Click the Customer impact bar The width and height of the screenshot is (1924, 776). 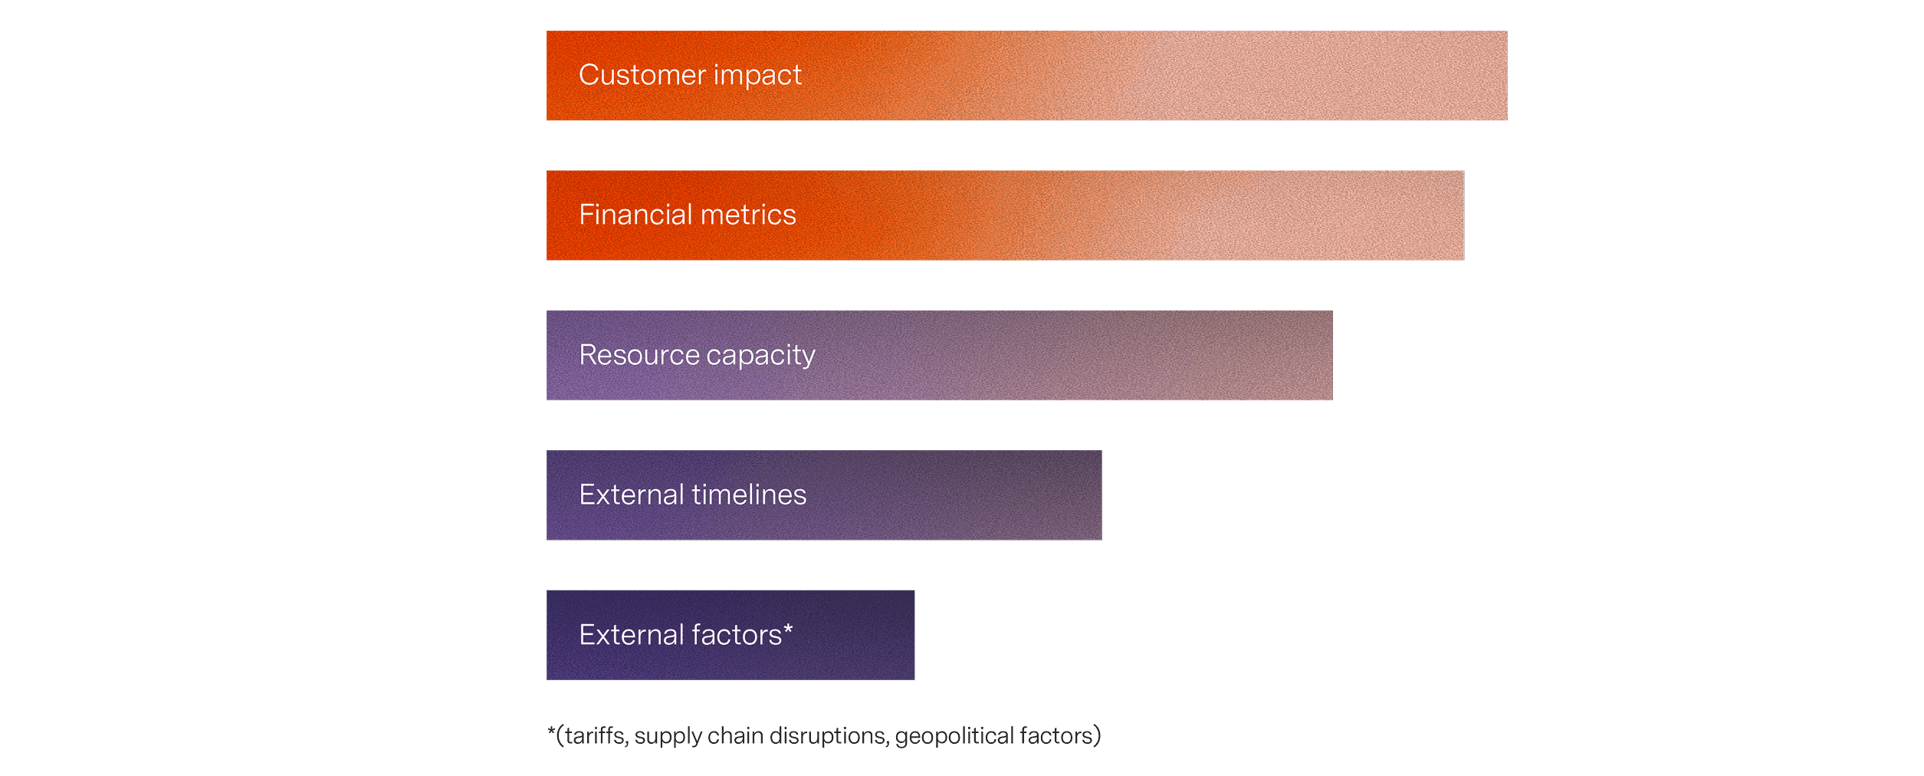[1026, 75]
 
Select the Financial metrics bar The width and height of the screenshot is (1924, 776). [1005, 215]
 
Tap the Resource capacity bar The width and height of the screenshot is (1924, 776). [939, 355]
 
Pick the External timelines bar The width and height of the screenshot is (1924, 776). [824, 495]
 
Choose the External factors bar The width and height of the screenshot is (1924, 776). [731, 635]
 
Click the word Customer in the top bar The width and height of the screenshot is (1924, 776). [642, 75]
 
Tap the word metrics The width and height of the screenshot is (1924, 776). [748, 215]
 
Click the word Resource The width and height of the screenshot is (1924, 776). [639, 355]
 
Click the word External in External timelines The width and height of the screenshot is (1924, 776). [632, 495]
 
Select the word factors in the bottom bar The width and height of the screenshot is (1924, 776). [737, 635]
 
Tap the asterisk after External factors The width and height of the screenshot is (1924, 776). [788, 630]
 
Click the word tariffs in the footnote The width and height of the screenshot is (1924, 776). [595, 735]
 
